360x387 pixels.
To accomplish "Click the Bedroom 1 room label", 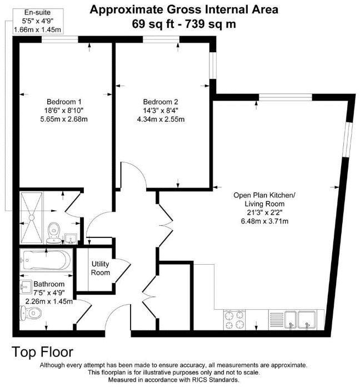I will tap(64, 102).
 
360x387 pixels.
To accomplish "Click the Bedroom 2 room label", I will tap(161, 102).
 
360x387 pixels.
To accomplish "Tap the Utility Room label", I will tap(101, 269).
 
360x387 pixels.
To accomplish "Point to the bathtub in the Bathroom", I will tap(45, 261).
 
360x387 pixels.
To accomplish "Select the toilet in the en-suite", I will tap(54, 230).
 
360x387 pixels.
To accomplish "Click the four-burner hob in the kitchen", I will tap(236, 320).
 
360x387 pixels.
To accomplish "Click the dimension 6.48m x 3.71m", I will tap(264, 221).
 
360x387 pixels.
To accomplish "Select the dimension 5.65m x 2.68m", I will tap(64, 119).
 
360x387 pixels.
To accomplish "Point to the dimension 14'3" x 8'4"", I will tap(161, 110).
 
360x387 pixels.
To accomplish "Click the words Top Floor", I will tap(43, 352).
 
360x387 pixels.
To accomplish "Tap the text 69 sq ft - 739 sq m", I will tap(184, 24).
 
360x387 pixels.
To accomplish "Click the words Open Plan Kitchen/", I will tap(264, 195).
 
